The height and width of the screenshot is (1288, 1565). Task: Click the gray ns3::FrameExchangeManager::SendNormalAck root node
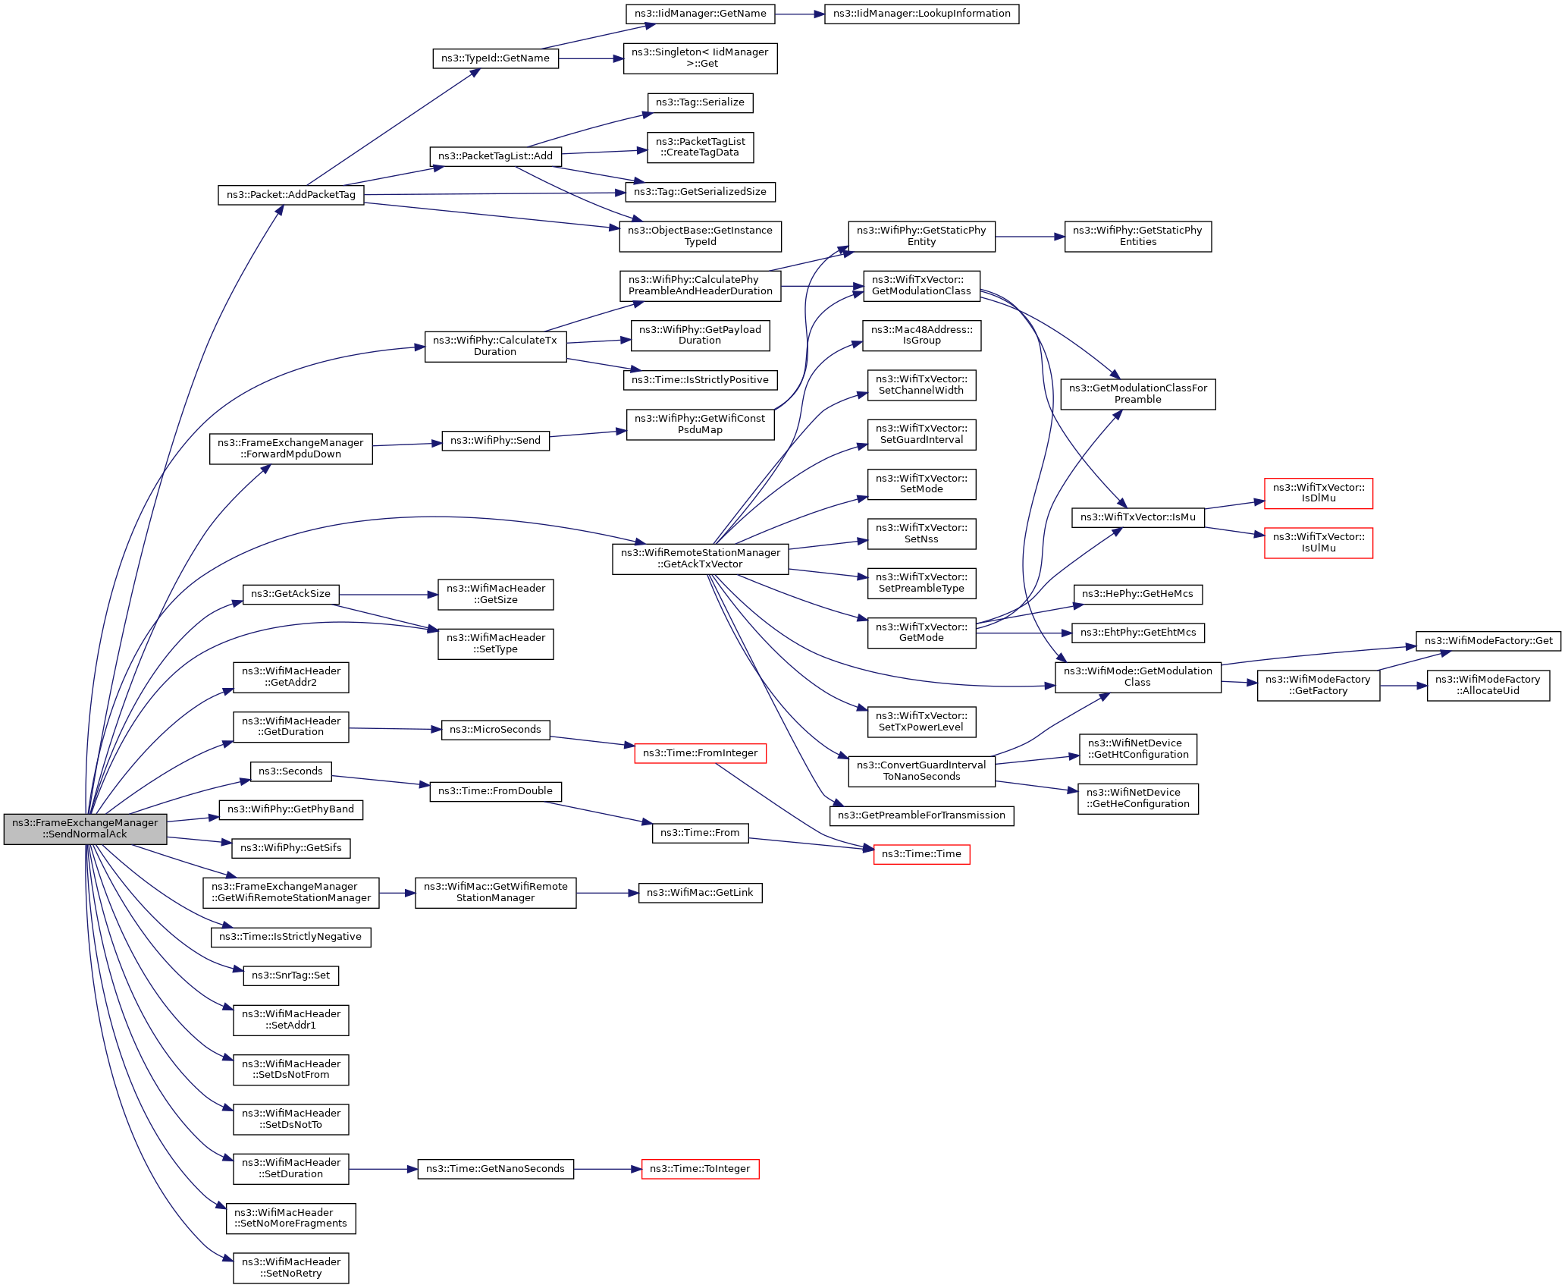85,828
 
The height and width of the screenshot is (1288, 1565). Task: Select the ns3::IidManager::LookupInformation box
921,14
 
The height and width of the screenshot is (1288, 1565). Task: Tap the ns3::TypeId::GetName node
495,58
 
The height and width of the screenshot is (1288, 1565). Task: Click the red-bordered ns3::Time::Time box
921,854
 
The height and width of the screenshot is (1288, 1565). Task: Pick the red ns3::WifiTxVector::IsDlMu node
1319,493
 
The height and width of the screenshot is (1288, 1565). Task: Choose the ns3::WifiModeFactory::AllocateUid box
1488,685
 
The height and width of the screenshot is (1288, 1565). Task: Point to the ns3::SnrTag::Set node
290,975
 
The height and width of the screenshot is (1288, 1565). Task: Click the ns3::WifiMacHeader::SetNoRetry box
290,1268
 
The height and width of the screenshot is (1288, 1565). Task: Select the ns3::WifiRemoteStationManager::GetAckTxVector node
700,558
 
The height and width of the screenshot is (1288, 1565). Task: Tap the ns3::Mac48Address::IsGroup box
921,335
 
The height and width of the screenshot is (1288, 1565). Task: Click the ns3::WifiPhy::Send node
495,441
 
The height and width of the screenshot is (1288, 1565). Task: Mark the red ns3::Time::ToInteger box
700,1169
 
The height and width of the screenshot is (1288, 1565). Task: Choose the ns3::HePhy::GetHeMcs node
1137,594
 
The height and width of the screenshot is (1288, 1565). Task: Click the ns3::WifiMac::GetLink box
700,893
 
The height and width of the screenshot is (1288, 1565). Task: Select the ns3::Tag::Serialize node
700,102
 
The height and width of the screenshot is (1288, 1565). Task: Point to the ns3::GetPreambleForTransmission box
921,815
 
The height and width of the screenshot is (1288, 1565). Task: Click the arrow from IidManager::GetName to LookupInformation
800,14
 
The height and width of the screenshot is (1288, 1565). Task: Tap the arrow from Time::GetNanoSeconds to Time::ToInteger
607,1169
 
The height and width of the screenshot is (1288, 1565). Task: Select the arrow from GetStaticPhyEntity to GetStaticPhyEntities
1030,237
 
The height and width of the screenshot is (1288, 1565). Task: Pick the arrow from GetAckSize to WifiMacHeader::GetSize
388,595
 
